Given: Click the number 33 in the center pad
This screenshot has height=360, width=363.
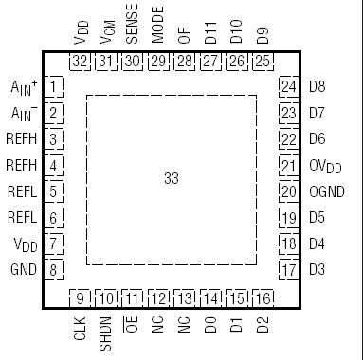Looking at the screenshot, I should [x=171, y=177].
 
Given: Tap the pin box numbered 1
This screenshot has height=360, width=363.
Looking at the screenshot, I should [x=55, y=88].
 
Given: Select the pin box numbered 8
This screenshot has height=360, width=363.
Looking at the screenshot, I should [x=55, y=269].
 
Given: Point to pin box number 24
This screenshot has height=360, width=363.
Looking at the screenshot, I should [x=288, y=87].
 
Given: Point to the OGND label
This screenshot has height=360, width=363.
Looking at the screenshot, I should [x=323, y=190].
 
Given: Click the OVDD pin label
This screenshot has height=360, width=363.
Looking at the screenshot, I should [x=324, y=165].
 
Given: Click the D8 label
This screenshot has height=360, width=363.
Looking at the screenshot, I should [x=317, y=87].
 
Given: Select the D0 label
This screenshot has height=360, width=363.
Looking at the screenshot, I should [x=210, y=328].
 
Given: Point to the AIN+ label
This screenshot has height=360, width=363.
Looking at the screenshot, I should [x=23, y=87].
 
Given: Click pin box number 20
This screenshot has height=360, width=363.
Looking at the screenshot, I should [x=288, y=190].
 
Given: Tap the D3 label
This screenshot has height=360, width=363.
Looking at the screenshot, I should [x=317, y=269].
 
